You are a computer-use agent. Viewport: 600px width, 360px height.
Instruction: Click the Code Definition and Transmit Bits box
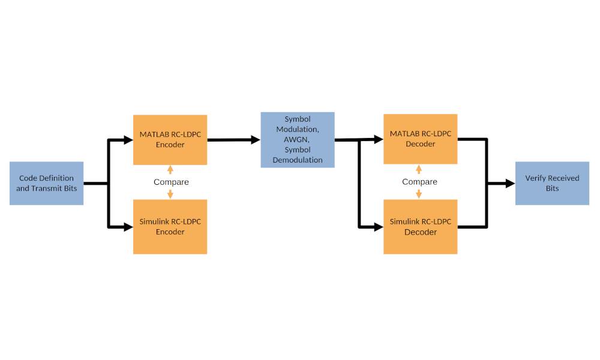pyautogui.click(x=46, y=183)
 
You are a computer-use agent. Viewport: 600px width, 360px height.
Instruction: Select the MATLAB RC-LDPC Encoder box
pyautogui.click(x=170, y=139)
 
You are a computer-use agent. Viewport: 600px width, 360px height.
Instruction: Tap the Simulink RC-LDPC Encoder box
pyautogui.click(x=170, y=226)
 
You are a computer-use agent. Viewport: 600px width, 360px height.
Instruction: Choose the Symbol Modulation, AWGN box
pyautogui.click(x=297, y=139)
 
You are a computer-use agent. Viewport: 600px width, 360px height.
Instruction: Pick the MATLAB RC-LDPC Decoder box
pyautogui.click(x=420, y=139)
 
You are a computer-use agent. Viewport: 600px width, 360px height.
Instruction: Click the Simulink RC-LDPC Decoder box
pyautogui.click(x=420, y=226)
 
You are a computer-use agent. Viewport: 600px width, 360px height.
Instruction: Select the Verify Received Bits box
pyautogui.click(x=552, y=183)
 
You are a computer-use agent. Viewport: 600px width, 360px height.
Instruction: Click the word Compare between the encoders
pyautogui.click(x=171, y=182)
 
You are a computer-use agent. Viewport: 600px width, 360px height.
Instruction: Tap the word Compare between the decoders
pyautogui.click(x=419, y=182)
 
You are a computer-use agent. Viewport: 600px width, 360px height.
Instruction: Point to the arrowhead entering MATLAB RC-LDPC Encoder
pyautogui.click(x=128, y=140)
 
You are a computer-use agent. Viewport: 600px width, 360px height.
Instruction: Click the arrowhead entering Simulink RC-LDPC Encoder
pyautogui.click(x=128, y=226)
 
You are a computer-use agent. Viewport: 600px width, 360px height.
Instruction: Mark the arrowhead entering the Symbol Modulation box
pyautogui.click(x=255, y=140)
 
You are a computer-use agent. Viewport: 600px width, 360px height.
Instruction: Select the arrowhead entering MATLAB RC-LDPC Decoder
pyautogui.click(x=379, y=139)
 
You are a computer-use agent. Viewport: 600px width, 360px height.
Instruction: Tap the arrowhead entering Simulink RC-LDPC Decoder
pyautogui.click(x=379, y=227)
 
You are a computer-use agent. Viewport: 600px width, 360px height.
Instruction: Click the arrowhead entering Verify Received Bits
pyautogui.click(x=510, y=184)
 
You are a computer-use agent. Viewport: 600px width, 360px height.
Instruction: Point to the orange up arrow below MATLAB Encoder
pyautogui.click(x=170, y=169)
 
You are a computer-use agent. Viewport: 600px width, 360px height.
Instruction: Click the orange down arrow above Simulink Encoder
pyautogui.click(x=170, y=194)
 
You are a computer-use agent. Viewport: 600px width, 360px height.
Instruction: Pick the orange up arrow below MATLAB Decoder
pyautogui.click(x=419, y=169)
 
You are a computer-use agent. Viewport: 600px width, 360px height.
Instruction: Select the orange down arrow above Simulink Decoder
pyautogui.click(x=419, y=194)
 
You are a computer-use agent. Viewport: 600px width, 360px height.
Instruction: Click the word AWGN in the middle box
pyautogui.click(x=297, y=139)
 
